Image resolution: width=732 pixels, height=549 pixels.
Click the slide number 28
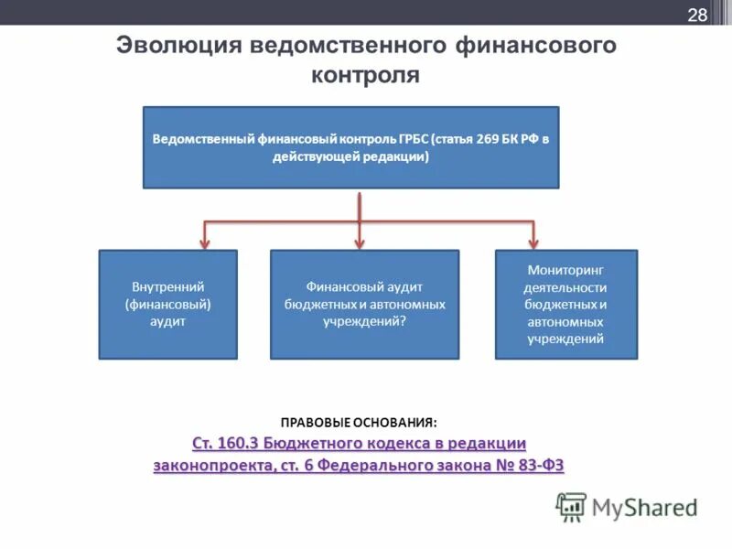pyautogui.click(x=697, y=15)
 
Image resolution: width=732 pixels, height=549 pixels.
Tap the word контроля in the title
pyautogui.click(x=365, y=74)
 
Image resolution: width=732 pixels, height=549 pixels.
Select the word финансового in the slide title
pyautogui.click(x=533, y=46)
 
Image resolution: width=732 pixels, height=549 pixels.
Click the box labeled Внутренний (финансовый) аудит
pyautogui.click(x=167, y=304)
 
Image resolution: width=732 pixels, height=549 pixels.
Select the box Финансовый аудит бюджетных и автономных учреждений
pyautogui.click(x=364, y=304)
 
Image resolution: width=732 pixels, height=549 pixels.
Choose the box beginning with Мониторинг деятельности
pyautogui.click(x=565, y=304)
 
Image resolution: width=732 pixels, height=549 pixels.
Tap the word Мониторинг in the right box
pyautogui.click(x=565, y=270)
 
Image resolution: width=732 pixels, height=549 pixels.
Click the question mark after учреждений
pyautogui.click(x=404, y=321)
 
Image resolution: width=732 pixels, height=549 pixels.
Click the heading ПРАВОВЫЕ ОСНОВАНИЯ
pyautogui.click(x=359, y=423)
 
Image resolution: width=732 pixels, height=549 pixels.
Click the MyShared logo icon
pyautogui.click(x=571, y=507)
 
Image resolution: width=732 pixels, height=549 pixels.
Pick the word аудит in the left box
pyautogui.click(x=167, y=321)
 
